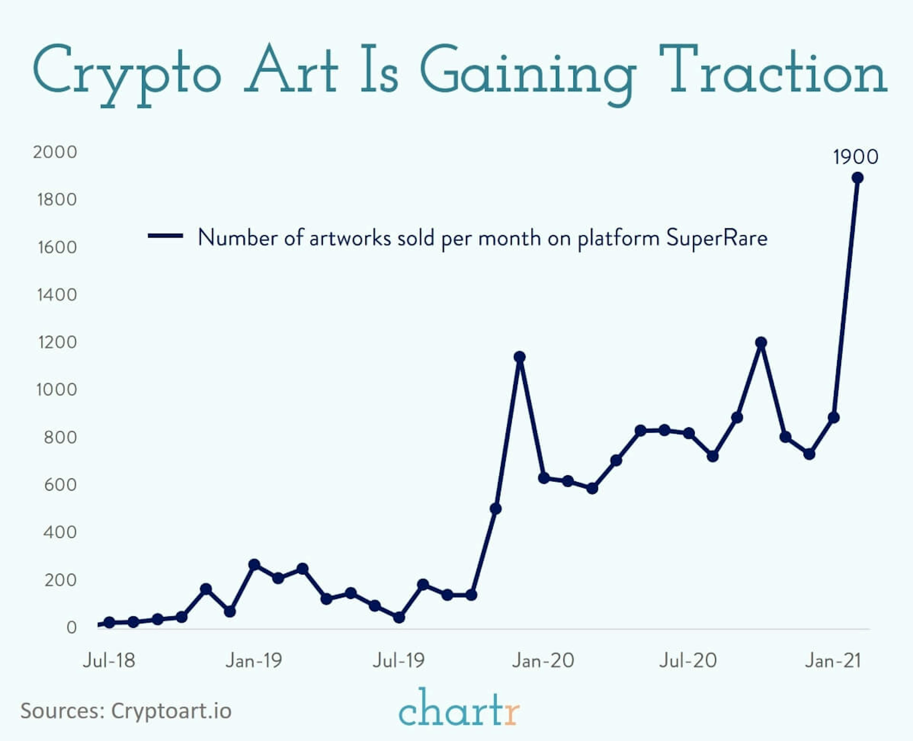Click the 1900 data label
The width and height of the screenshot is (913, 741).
pos(855,157)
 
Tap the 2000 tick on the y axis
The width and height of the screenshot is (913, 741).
pos(55,152)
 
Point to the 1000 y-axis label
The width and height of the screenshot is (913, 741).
pos(56,390)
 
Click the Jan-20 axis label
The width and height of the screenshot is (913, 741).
pos(543,661)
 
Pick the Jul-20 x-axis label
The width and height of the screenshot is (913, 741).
pos(688,661)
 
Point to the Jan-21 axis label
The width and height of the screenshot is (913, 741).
pos(833,661)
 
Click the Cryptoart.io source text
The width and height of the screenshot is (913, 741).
pos(171,711)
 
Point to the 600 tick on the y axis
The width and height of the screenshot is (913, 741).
pos(60,485)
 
